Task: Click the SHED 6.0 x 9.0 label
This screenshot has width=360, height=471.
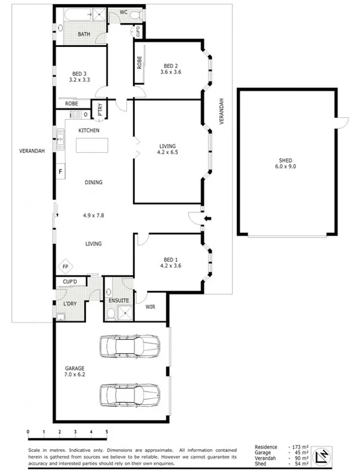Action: [287, 163]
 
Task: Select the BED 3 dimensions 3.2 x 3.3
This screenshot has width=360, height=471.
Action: [79, 79]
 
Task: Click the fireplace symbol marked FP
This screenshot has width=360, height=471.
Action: [66, 267]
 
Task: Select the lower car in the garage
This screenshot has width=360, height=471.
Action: [130, 396]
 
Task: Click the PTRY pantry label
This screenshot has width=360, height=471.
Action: [101, 113]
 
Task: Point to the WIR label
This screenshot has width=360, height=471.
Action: [150, 307]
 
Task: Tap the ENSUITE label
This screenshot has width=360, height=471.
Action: [118, 301]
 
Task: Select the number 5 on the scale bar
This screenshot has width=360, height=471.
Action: [107, 433]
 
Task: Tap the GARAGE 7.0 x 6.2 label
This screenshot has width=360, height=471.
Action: [76, 372]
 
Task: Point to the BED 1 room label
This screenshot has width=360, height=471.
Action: [171, 259]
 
